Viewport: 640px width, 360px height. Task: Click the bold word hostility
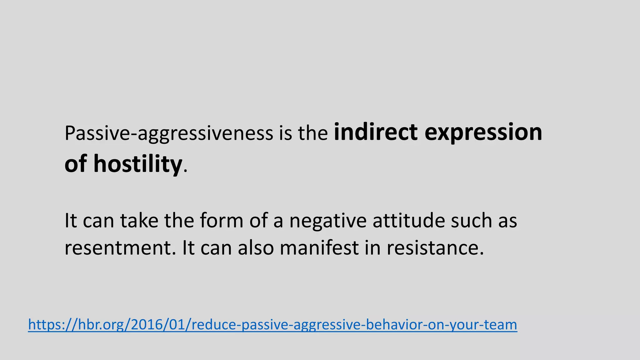(137, 164)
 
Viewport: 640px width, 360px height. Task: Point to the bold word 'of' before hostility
(75, 164)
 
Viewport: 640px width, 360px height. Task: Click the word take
(139, 221)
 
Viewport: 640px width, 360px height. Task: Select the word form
(221, 221)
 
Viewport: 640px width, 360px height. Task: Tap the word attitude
(408, 221)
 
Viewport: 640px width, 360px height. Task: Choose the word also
(256, 248)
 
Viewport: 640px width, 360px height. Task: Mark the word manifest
(319, 248)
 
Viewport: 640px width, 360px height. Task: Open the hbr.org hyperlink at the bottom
(272, 325)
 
